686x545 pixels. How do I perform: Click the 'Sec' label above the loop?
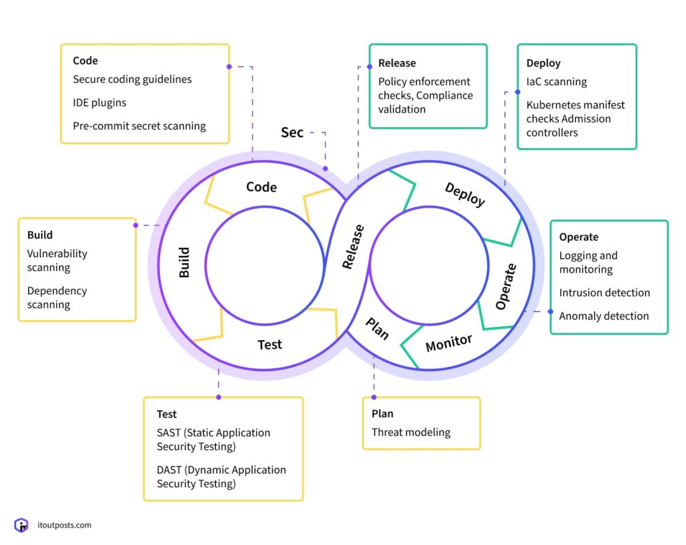292,133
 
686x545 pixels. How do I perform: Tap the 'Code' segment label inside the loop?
261,187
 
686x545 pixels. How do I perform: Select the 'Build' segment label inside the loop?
184,262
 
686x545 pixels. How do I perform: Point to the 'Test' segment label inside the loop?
270,345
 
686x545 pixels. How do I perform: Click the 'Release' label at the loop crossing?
353,246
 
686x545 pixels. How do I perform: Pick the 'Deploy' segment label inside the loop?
465,194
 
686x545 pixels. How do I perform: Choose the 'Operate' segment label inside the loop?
506,287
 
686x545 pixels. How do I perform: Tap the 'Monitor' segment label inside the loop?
449,343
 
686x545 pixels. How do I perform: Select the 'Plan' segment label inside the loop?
377,329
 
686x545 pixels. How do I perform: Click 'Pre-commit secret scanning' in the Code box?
139,126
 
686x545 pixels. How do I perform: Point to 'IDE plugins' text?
100,102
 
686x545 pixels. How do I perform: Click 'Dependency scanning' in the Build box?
57,298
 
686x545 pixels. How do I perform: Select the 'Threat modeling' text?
411,433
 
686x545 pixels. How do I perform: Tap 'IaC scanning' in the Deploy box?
557,82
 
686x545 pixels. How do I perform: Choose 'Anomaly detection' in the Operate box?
604,316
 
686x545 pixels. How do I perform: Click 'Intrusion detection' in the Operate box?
604,293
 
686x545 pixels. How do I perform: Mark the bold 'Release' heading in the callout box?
397,63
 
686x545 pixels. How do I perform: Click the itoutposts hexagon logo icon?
21,526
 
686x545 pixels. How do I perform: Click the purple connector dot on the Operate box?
551,311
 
